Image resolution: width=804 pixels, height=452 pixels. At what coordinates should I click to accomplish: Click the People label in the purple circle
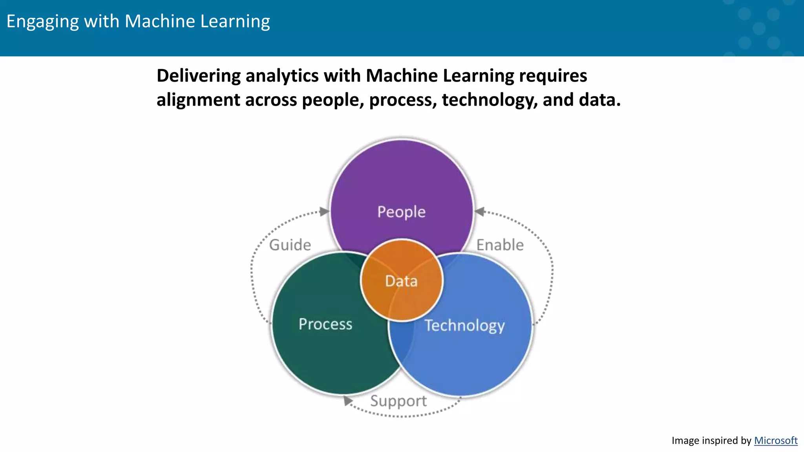[401, 212]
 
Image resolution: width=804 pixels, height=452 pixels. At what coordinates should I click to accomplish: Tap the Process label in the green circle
[325, 324]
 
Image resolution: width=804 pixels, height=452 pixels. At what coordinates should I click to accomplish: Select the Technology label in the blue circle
[464, 326]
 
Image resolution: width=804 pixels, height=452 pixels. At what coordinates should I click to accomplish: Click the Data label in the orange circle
[401, 281]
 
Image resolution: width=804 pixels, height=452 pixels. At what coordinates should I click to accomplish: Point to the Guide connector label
[290, 245]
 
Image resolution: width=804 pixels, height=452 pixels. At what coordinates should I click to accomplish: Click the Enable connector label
[500, 245]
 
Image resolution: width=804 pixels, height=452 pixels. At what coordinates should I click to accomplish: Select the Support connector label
[398, 401]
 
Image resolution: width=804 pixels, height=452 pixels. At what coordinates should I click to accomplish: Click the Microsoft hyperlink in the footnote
[775, 441]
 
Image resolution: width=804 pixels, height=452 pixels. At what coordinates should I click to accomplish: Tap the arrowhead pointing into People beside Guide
[324, 212]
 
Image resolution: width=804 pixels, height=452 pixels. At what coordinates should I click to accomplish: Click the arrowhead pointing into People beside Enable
[479, 212]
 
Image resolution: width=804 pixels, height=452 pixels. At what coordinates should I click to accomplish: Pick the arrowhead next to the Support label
[347, 401]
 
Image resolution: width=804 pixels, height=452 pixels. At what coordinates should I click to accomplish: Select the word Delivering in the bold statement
[198, 76]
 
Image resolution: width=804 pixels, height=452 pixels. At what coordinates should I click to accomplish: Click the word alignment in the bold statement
[198, 100]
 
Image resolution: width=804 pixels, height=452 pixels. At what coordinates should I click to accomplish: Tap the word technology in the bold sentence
[489, 100]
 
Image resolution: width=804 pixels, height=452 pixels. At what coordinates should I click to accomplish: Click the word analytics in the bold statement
[282, 76]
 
